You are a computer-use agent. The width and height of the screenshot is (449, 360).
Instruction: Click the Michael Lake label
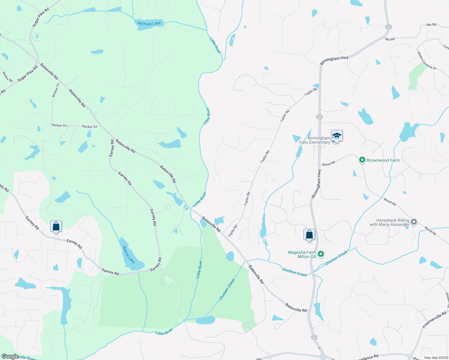tap(149, 23)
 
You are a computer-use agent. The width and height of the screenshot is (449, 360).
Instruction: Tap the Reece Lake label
tap(129, 255)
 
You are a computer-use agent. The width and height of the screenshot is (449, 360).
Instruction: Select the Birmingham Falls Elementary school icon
tap(337, 136)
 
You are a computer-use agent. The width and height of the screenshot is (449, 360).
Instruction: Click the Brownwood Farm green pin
tap(362, 160)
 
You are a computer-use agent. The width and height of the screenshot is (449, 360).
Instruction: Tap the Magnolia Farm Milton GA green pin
tap(321, 254)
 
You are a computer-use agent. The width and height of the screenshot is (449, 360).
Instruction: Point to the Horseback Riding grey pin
tap(414, 222)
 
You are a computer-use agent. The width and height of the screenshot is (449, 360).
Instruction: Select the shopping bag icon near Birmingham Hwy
tap(309, 234)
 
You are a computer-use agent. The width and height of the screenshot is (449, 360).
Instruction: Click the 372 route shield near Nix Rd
tap(388, 27)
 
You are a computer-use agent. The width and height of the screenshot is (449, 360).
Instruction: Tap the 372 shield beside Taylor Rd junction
tap(319, 117)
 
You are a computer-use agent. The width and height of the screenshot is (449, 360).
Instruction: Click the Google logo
tap(10, 356)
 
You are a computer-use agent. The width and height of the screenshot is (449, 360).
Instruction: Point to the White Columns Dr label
tap(426, 60)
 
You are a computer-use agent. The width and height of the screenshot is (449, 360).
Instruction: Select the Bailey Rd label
tap(8, 77)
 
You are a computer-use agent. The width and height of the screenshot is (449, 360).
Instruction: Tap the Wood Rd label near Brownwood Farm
tap(328, 164)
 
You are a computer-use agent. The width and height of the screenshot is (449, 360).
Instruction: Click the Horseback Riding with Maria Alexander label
tap(389, 222)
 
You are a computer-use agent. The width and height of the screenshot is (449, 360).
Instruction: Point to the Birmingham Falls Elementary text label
tap(315, 140)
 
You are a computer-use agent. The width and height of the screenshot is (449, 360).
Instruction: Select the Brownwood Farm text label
tap(383, 160)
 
